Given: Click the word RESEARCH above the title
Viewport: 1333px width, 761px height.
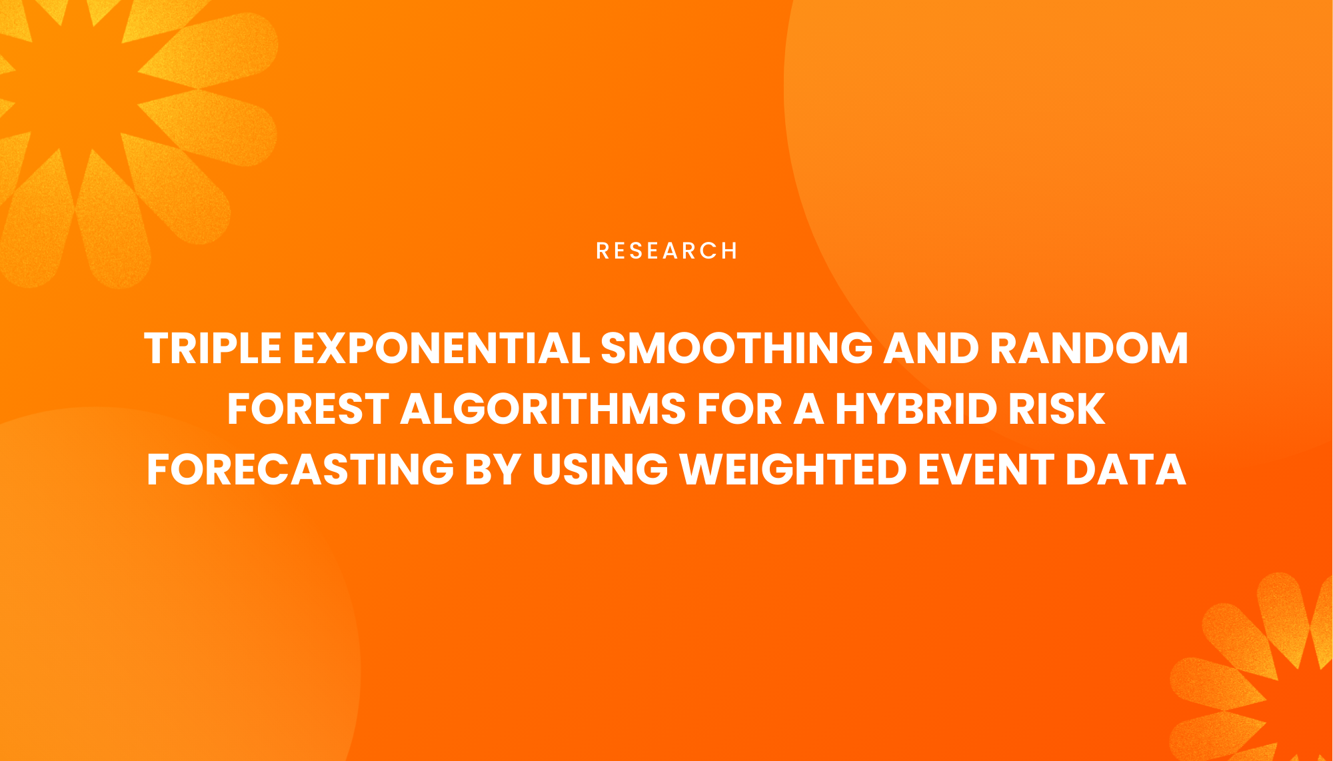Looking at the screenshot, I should [x=666, y=251].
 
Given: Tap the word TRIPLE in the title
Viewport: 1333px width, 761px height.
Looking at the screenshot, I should [x=213, y=349].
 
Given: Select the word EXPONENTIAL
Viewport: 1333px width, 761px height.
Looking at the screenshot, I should [x=441, y=349].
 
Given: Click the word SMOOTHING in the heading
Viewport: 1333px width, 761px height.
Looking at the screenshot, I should [x=736, y=349].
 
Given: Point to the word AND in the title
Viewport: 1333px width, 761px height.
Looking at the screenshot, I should [x=930, y=349].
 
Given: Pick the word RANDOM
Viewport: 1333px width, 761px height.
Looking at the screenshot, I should [x=1089, y=349].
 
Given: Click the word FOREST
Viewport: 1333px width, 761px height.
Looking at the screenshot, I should [x=308, y=409].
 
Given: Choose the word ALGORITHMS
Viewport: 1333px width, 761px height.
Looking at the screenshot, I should [x=543, y=409].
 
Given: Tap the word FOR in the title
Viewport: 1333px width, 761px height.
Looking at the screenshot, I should [x=738, y=409].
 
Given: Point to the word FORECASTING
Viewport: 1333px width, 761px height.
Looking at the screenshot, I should [x=300, y=470].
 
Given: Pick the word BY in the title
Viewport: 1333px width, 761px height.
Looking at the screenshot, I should [x=493, y=470].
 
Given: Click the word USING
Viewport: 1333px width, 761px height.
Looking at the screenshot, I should [x=600, y=470].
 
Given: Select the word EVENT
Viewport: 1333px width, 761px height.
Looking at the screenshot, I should [x=986, y=470].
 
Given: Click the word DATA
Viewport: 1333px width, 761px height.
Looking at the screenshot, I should [x=1126, y=470].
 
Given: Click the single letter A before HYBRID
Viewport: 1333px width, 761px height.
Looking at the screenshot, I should [x=808, y=409].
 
